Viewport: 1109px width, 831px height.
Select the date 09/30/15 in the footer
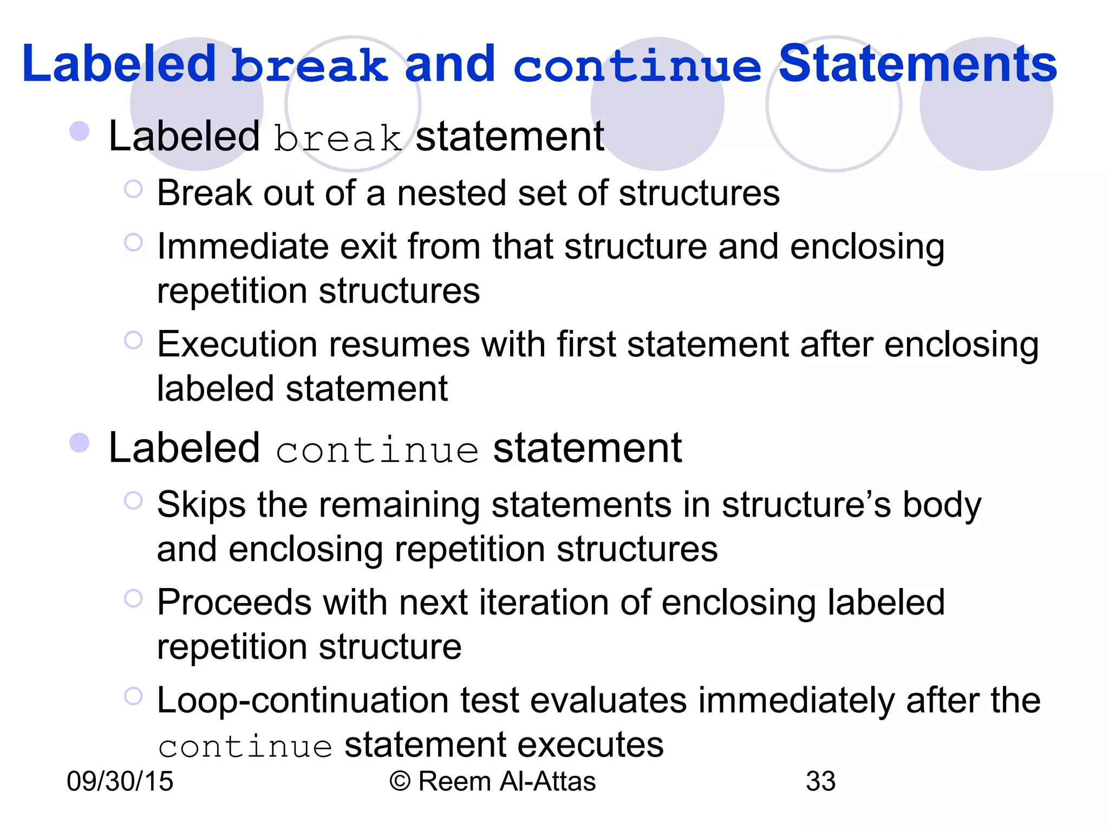point(120,781)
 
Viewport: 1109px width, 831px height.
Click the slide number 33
point(820,781)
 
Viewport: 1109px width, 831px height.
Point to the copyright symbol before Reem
point(400,782)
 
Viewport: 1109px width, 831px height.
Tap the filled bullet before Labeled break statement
point(80,131)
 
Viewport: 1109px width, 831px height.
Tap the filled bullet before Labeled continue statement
point(80,443)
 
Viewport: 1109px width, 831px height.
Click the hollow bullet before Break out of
point(133,189)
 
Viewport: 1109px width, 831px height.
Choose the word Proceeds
point(234,602)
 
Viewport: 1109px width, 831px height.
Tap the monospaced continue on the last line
point(245,747)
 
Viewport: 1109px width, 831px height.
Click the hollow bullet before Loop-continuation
point(133,696)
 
